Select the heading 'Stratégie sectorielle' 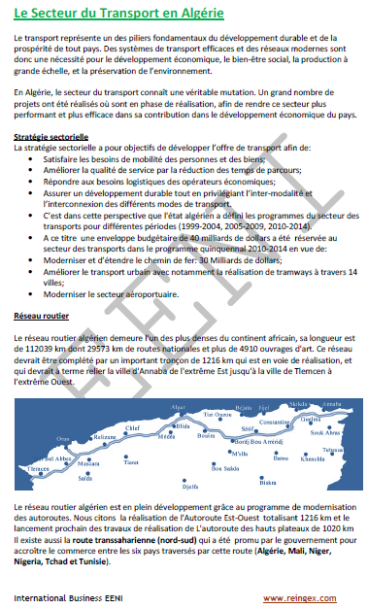51,138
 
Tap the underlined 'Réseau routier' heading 42,316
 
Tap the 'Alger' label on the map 178,407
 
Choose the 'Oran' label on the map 63,438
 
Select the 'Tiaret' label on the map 129,463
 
